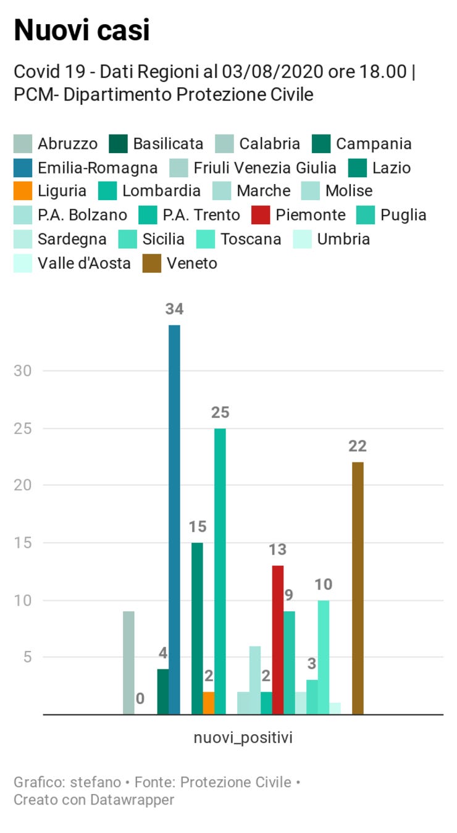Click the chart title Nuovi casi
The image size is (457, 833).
click(82, 30)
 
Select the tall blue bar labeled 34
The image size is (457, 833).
click(174, 519)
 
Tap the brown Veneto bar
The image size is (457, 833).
click(358, 587)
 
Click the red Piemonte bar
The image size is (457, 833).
click(278, 639)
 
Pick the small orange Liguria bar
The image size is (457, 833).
click(209, 703)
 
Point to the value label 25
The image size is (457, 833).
click(220, 412)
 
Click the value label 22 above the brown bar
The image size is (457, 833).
click(358, 446)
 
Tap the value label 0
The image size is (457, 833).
click(140, 698)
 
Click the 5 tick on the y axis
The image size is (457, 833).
click(27, 657)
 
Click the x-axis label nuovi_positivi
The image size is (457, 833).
click(243, 737)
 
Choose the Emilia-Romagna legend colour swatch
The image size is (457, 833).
click(22, 168)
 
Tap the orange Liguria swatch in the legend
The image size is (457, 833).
click(22, 191)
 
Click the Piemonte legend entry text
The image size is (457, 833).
click(310, 215)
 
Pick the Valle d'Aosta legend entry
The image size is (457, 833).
click(84, 263)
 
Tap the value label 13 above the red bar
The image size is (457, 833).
click(278, 549)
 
